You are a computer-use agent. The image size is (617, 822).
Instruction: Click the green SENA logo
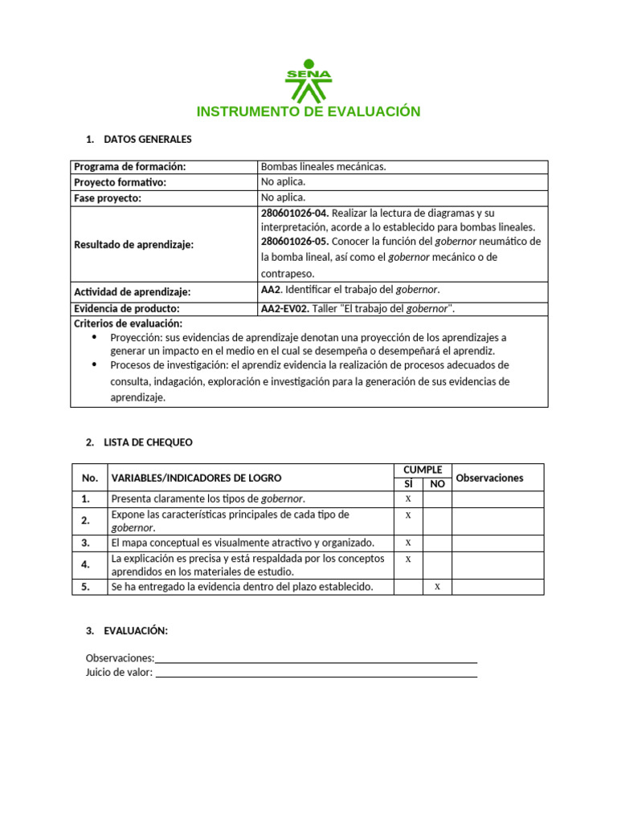pos(308,79)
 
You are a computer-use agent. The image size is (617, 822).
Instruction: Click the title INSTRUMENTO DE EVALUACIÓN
pos(308,112)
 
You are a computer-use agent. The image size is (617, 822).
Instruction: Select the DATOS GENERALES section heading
pos(148,140)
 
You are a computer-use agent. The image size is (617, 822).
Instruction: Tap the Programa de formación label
pos(130,167)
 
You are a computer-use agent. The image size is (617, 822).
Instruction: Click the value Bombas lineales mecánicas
pos(324,167)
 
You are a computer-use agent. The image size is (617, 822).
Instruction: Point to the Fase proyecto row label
pos(107,198)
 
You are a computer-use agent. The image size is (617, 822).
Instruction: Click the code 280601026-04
pos(295,213)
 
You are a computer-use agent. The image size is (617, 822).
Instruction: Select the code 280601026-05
pos(295,242)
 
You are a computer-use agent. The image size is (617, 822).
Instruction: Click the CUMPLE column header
pos(423,470)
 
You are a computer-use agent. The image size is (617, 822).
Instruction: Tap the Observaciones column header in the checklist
pos(489,478)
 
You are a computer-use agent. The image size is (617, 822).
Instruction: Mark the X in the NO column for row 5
pos(437,587)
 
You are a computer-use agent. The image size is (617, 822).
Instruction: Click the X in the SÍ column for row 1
pos(408,498)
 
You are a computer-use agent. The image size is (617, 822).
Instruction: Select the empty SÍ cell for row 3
pos(408,543)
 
